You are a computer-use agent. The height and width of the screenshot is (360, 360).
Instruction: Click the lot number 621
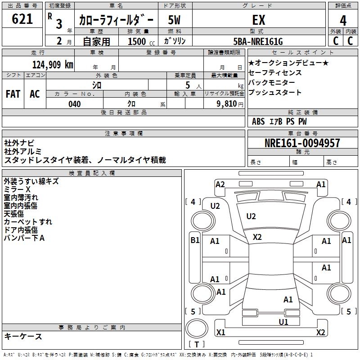[x=22, y=19]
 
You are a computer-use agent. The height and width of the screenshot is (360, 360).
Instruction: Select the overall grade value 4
[x=343, y=21]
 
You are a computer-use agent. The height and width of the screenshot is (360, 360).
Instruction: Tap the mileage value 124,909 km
[x=53, y=65]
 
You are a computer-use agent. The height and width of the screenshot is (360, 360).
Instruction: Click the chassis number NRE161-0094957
[x=302, y=143]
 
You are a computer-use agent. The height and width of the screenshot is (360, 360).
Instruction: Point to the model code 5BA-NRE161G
[x=258, y=41]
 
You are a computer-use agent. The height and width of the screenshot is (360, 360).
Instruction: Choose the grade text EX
[x=259, y=20]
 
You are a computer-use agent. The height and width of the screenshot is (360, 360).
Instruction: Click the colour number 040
[x=74, y=104]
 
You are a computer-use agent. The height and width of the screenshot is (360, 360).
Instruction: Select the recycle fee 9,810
[x=227, y=104]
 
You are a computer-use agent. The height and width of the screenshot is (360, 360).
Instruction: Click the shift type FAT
[x=13, y=94]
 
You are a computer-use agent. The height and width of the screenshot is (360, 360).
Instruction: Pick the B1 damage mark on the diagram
[x=195, y=240]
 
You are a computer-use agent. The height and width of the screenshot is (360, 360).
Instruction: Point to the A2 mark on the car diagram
[x=220, y=184]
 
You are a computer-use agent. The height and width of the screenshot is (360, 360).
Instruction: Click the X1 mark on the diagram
[x=221, y=332]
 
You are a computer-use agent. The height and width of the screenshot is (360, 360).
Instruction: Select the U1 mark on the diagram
[x=283, y=322]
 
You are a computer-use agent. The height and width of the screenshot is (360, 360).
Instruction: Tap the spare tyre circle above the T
[x=197, y=328]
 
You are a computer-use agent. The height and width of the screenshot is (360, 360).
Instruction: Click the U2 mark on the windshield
[x=251, y=216]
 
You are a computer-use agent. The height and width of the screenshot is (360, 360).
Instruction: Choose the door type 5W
[x=174, y=20]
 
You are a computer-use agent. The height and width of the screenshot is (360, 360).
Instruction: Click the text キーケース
[x=23, y=336]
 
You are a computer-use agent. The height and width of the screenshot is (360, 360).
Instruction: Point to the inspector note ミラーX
[x=17, y=189]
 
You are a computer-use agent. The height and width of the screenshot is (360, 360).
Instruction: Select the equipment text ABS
[x=258, y=121]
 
